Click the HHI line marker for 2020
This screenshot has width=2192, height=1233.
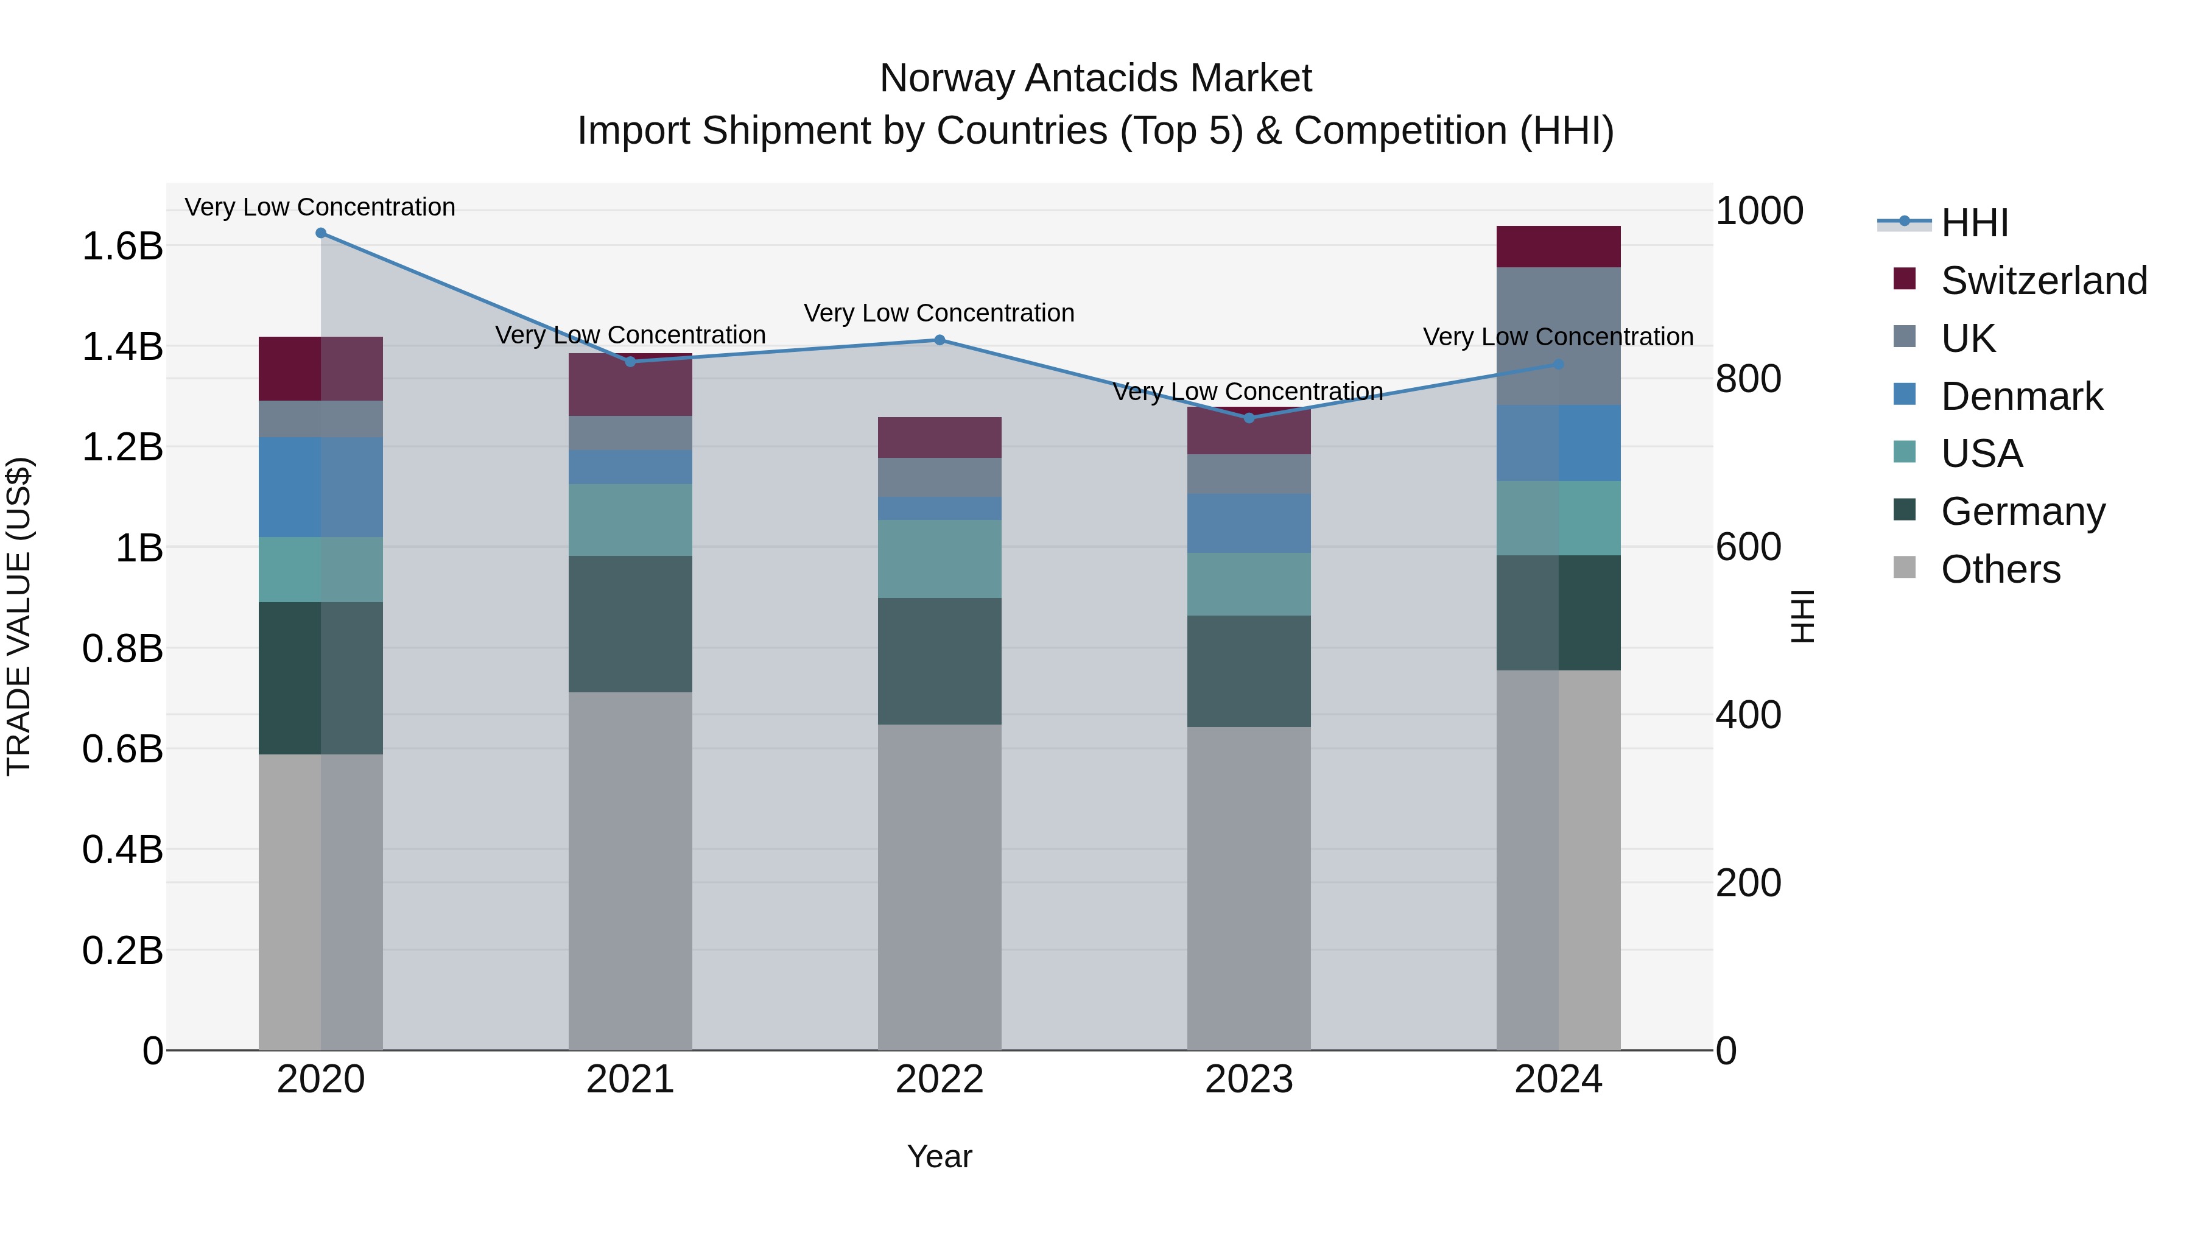(x=321, y=233)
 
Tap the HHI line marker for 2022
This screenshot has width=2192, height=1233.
(x=940, y=340)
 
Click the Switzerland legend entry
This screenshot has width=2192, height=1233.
(x=2043, y=281)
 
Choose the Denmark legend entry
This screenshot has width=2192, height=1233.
(x=2021, y=396)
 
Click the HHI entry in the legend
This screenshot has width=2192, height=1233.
(x=1974, y=223)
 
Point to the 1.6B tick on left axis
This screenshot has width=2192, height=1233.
(x=122, y=247)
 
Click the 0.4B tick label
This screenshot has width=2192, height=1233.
(x=122, y=849)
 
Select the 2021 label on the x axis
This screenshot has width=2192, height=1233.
(x=630, y=1080)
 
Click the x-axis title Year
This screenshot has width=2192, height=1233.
(x=940, y=1156)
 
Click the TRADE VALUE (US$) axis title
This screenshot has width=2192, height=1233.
(x=19, y=616)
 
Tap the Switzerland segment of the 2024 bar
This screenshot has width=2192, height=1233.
(x=1558, y=247)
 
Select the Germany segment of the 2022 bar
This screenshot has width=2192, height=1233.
(x=940, y=661)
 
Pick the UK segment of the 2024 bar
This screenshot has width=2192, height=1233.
(x=1558, y=336)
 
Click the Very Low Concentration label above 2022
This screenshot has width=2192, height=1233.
(x=940, y=313)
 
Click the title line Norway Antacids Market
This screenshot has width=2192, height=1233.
(x=1095, y=79)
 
